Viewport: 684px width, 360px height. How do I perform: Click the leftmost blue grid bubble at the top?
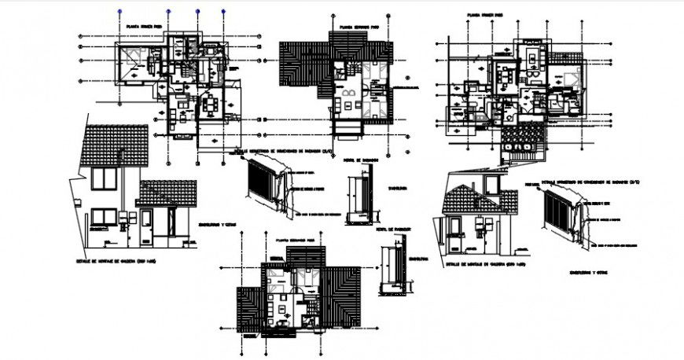point(118,13)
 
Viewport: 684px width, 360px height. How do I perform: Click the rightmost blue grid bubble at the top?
point(224,13)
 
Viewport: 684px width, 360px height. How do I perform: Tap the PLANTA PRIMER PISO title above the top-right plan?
point(484,14)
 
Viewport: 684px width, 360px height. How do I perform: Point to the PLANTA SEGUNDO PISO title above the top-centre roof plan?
point(357,26)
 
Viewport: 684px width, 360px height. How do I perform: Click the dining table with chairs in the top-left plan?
point(211,102)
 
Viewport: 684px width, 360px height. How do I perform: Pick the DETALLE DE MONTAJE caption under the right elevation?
point(480,265)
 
